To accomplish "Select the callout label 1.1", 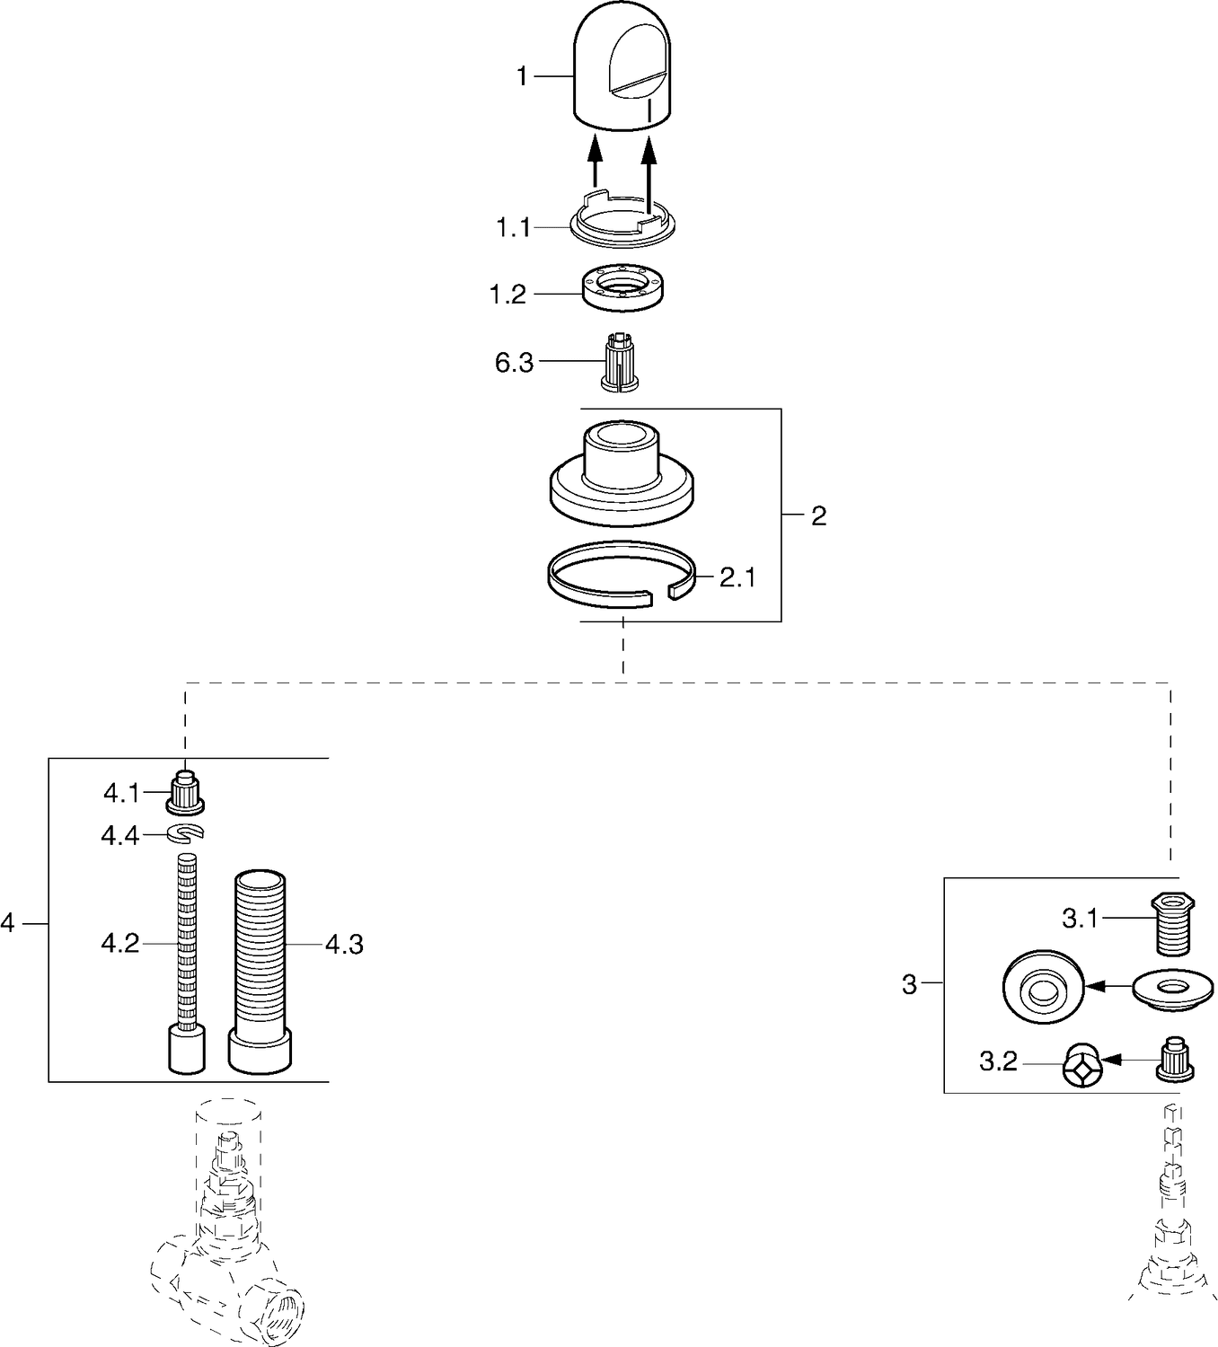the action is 513,228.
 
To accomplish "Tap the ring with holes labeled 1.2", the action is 623,287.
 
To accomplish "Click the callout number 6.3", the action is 514,363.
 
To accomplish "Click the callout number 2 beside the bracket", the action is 818,515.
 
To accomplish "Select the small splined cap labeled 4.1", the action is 185,792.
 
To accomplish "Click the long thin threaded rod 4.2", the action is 186,963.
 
